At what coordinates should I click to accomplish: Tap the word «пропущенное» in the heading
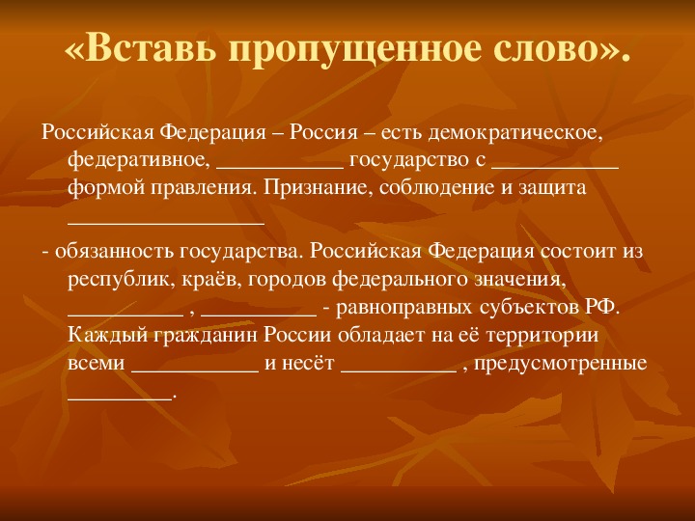click(354, 50)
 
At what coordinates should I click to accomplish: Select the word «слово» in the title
click(544, 50)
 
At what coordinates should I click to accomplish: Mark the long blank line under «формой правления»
click(166, 224)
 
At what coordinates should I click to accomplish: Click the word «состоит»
click(577, 252)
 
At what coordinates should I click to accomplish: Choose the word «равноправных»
click(403, 308)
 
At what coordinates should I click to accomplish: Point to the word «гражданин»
click(206, 335)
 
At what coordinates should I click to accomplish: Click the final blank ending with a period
click(120, 398)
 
